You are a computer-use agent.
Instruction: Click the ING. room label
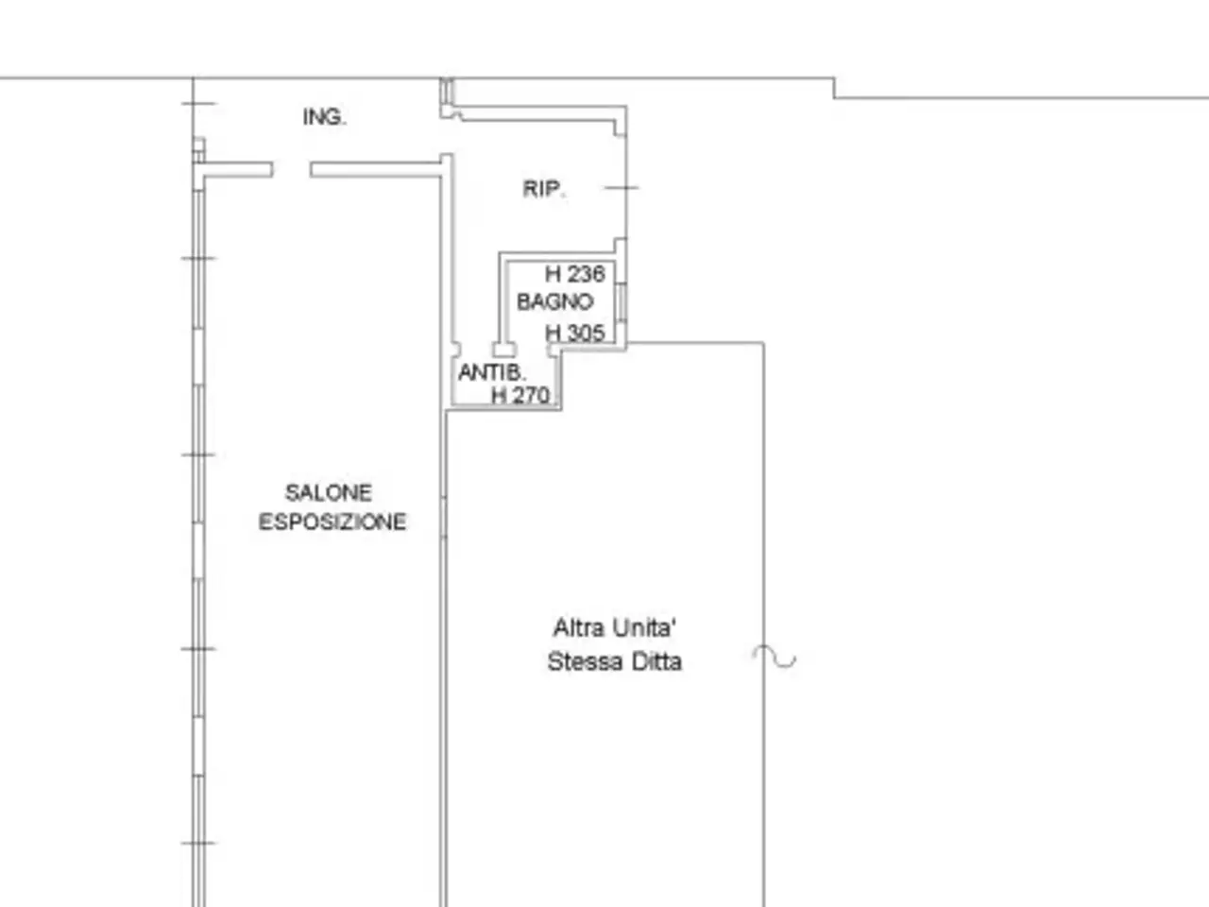[x=324, y=117]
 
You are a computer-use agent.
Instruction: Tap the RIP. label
[x=544, y=189]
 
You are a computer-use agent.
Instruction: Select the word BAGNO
[x=555, y=301]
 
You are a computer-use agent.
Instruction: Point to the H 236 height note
[x=575, y=274]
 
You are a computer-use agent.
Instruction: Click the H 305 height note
[x=575, y=333]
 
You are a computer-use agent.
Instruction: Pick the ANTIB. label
[x=492, y=372]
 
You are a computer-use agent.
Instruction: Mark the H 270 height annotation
[x=520, y=395]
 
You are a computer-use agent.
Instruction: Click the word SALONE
[x=329, y=493]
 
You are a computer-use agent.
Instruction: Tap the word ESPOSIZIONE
[x=332, y=522]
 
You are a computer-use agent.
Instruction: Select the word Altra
[x=578, y=627]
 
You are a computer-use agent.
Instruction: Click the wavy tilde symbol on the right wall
[x=775, y=657]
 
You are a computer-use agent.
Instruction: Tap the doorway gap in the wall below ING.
[x=291, y=170]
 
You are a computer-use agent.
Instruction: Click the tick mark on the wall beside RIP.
[x=622, y=188]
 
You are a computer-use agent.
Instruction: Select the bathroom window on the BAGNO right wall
[x=621, y=301]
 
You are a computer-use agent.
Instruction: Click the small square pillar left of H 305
[x=504, y=350]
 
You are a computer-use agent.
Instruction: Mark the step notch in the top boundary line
[x=834, y=88]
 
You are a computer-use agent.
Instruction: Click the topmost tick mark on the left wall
[x=198, y=104]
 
